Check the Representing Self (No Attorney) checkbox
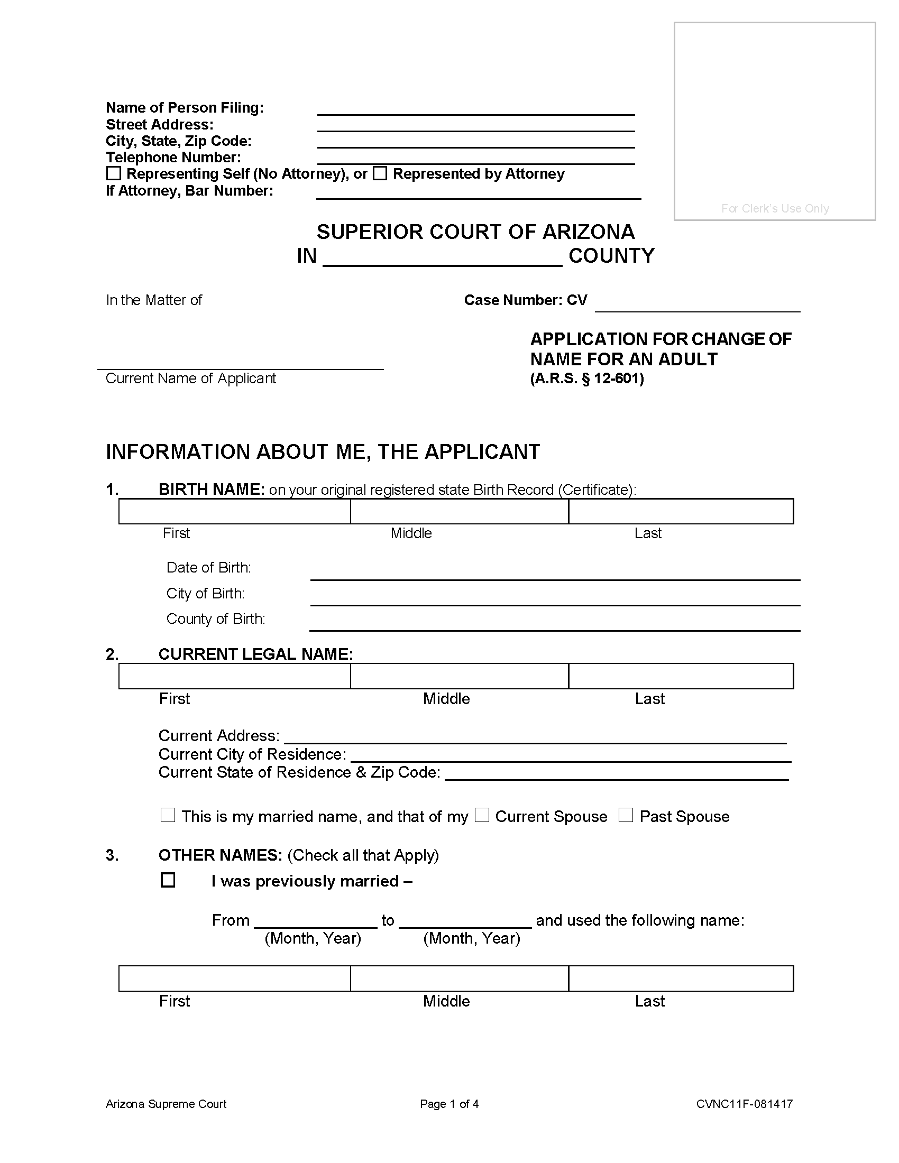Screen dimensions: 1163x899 (114, 173)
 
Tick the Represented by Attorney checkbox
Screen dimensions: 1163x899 (380, 173)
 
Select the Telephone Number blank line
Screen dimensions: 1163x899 (475, 158)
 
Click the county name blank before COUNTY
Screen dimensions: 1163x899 (443, 258)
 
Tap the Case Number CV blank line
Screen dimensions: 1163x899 (697, 304)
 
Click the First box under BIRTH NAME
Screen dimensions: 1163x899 (234, 511)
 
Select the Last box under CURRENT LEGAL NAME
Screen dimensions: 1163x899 (681, 676)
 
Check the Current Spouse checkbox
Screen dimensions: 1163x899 (482, 815)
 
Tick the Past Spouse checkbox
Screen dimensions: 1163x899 (626, 815)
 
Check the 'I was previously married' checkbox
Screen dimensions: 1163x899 (168, 880)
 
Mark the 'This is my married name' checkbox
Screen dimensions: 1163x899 (168, 815)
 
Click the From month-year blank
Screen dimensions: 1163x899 (316, 921)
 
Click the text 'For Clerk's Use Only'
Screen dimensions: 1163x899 (775, 208)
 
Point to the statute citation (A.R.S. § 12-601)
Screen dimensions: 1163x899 (587, 379)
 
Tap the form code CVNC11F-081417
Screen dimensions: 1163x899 (744, 1104)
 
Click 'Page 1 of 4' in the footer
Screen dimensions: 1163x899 (449, 1104)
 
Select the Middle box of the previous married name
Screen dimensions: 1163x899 (459, 979)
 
